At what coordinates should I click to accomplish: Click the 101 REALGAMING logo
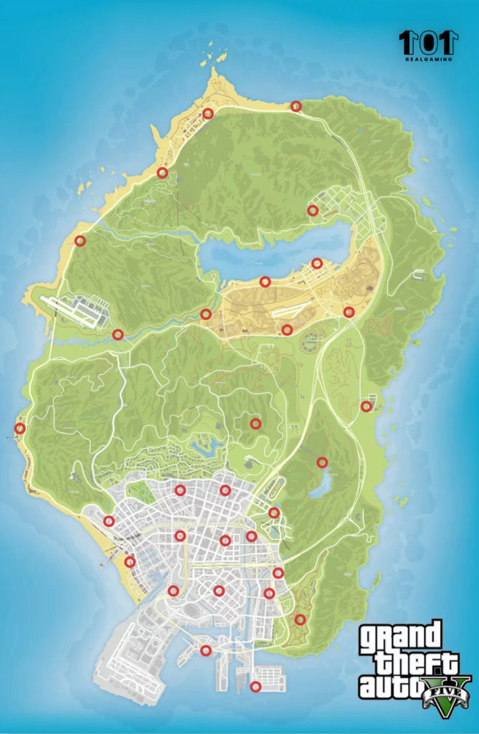pyautogui.click(x=428, y=45)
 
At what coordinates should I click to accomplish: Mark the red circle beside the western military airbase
pyautogui.click(x=118, y=334)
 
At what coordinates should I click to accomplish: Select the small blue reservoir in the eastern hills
pyautogui.click(x=318, y=485)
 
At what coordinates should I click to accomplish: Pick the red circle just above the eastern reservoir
pyautogui.click(x=322, y=462)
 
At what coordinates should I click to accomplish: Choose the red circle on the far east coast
pyautogui.click(x=366, y=406)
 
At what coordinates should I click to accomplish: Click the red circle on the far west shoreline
pyautogui.click(x=20, y=429)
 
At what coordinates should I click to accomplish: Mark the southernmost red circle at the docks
pyautogui.click(x=255, y=687)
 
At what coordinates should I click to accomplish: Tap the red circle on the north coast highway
pyautogui.click(x=295, y=106)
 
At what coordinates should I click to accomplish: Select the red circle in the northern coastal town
pyautogui.click(x=208, y=113)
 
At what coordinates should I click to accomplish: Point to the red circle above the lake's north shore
pyautogui.click(x=313, y=210)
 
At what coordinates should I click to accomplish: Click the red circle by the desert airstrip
pyautogui.click(x=287, y=330)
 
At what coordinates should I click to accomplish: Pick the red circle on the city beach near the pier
pyautogui.click(x=130, y=562)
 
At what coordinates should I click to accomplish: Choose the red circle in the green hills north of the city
pyautogui.click(x=255, y=424)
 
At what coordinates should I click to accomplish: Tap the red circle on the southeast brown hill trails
pyautogui.click(x=300, y=619)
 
